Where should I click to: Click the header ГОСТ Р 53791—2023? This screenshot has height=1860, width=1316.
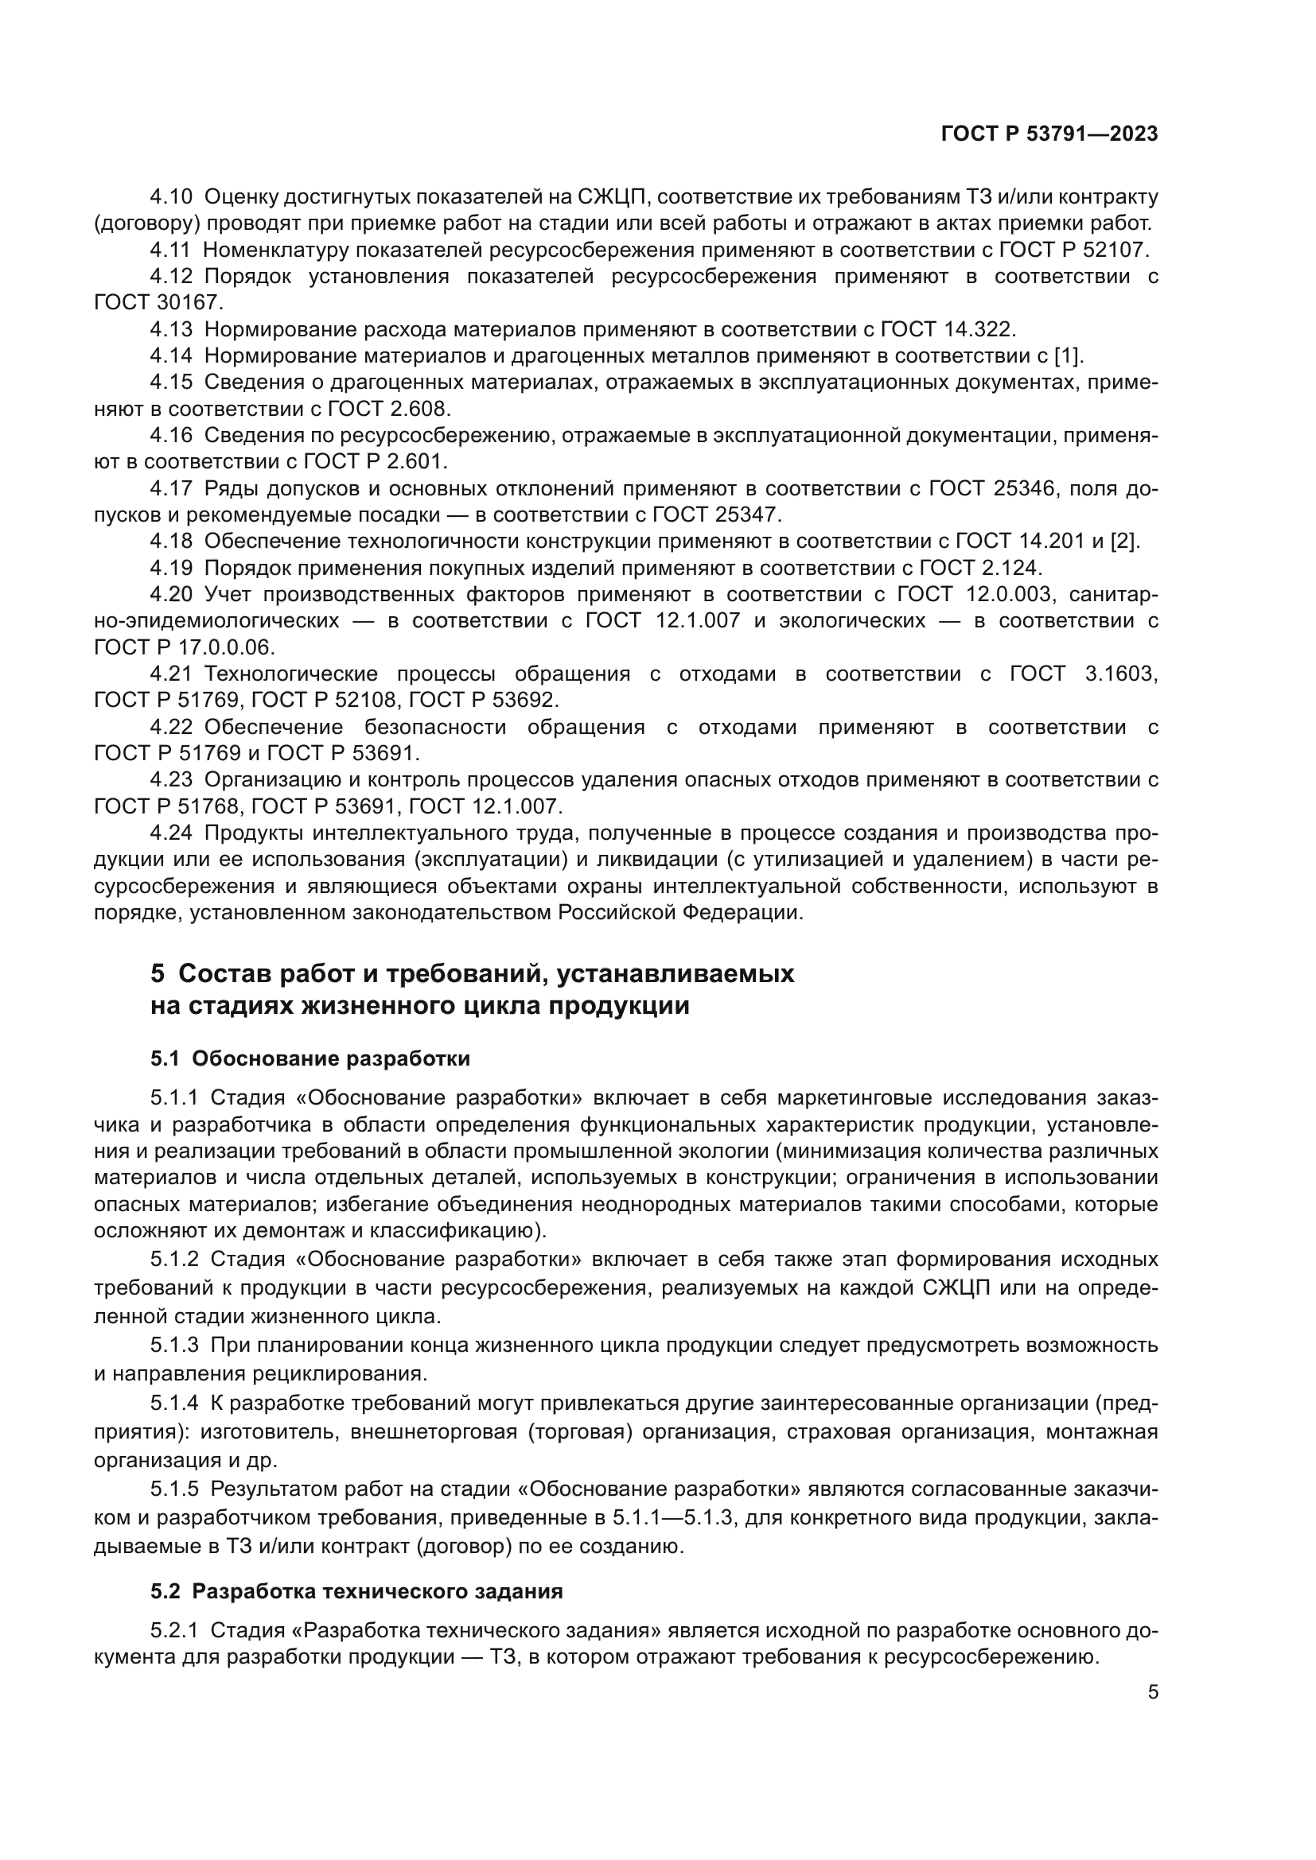coord(1049,134)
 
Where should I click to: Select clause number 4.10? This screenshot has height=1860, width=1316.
coord(172,197)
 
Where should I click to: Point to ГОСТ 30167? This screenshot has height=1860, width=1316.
coord(157,303)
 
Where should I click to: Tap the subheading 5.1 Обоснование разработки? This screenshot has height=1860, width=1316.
coord(310,1058)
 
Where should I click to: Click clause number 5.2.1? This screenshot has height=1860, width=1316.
coord(174,1630)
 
